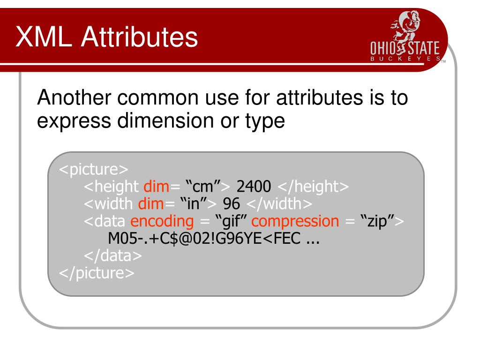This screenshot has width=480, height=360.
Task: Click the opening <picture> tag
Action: (x=93, y=169)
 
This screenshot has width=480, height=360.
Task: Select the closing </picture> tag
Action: (x=96, y=273)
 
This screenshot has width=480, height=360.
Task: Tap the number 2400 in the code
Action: (x=254, y=187)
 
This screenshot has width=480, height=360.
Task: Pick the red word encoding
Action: (x=162, y=221)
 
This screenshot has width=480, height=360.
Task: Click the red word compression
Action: (x=298, y=221)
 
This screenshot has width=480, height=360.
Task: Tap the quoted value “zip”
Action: (x=377, y=221)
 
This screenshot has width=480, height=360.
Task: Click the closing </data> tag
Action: (x=112, y=255)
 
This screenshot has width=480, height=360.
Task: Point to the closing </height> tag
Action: (x=313, y=187)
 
